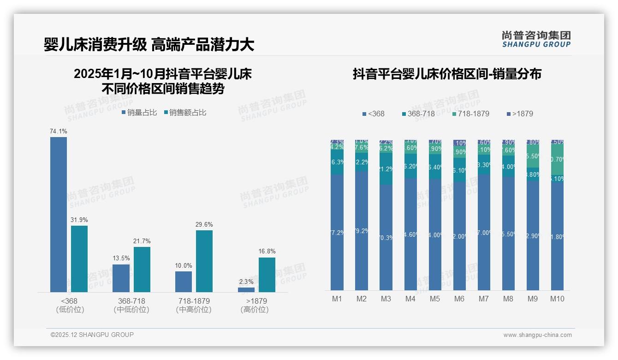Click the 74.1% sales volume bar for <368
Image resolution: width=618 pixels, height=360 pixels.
tap(59, 215)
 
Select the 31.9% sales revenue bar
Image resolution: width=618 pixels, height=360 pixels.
tap(79, 258)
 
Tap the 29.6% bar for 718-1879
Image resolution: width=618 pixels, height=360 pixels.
tap(204, 261)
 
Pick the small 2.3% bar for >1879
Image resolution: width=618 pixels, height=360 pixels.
tap(246, 290)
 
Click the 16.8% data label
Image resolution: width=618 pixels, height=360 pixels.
tap(267, 252)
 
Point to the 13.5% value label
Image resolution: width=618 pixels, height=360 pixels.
tap(121, 258)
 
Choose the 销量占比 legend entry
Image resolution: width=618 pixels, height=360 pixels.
tap(139, 112)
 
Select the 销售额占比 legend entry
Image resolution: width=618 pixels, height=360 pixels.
tap(185, 112)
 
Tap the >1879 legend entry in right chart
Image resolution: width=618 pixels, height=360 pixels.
tap(520, 114)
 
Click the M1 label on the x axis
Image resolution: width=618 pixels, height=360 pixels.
tap(337, 299)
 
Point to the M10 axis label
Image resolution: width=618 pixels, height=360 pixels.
tap(557, 299)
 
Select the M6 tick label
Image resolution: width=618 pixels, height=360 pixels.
tap(459, 299)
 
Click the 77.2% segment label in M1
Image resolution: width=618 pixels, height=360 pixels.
tap(337, 233)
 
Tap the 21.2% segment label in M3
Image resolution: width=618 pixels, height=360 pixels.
tap(386, 169)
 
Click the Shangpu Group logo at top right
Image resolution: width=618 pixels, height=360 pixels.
tap(536, 39)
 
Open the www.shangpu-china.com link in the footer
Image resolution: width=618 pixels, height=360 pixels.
tap(537, 335)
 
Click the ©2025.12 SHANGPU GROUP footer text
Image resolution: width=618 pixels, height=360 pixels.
tap(92, 335)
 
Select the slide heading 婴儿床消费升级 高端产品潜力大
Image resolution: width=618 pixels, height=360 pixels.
tap(149, 45)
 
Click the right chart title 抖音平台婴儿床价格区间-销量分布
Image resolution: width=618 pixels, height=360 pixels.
tap(447, 74)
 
